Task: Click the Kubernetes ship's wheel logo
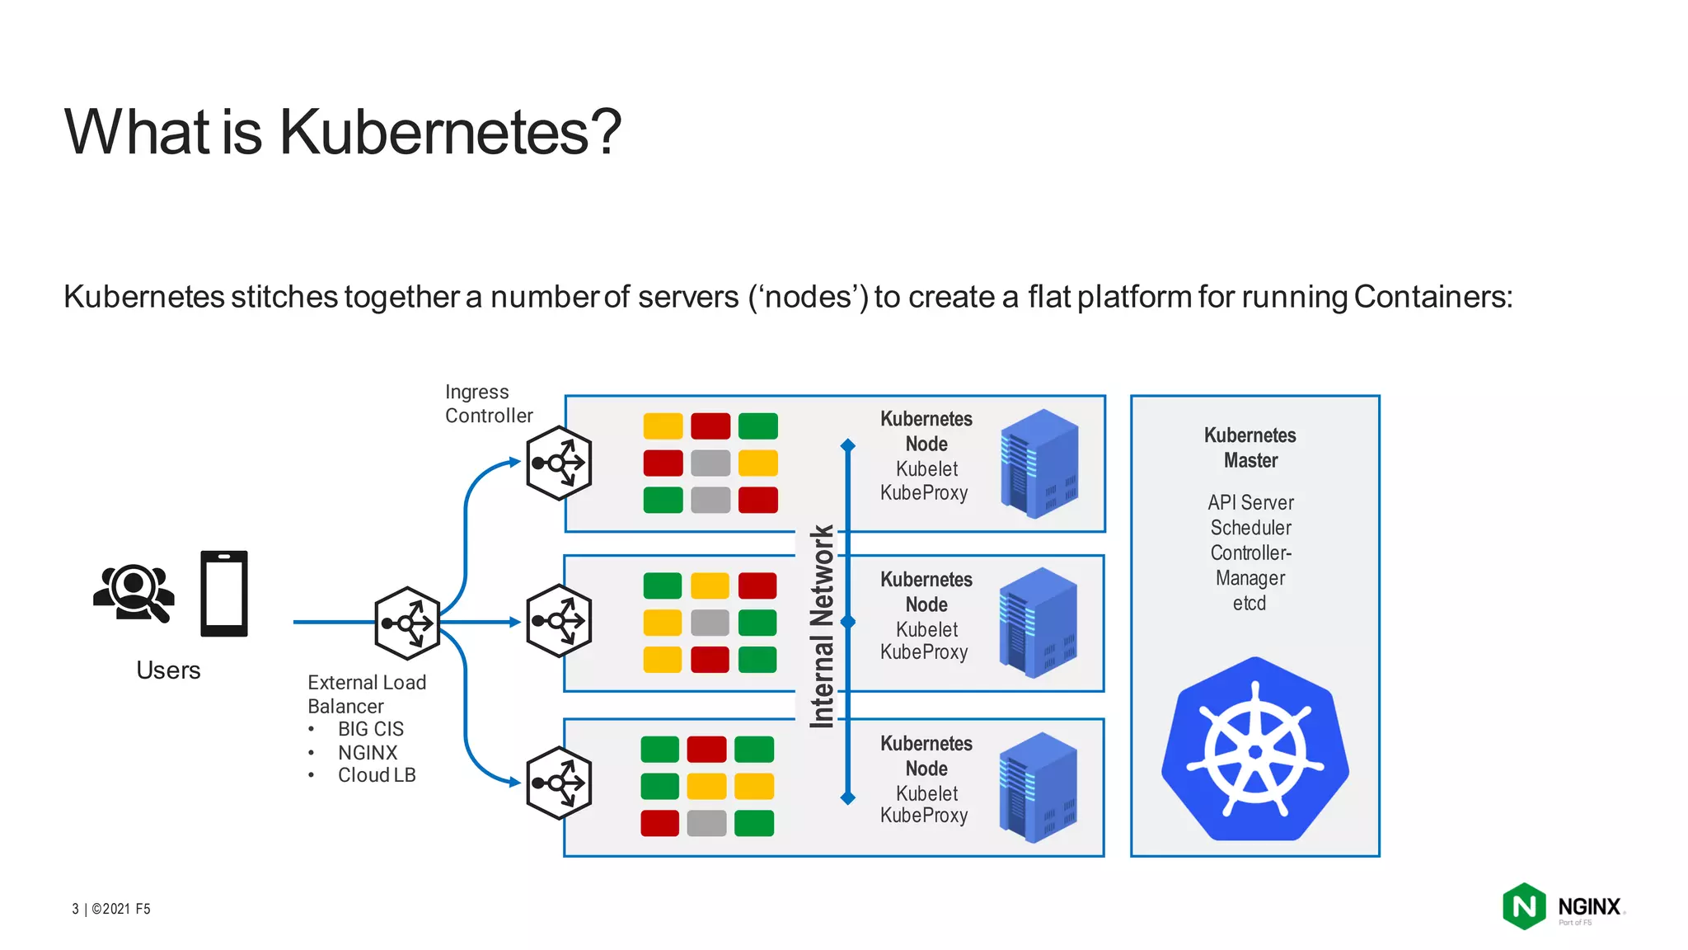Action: coord(1254,750)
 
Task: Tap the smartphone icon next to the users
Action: coord(224,594)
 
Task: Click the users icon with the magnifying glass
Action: coord(134,591)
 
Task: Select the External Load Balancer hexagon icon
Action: coord(407,623)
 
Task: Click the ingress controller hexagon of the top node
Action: coord(559,463)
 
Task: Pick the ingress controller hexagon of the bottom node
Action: coord(559,783)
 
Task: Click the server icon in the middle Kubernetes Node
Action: coord(1038,623)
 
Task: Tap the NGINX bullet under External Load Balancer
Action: coord(368,753)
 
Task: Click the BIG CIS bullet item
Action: coord(371,729)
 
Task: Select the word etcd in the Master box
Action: coord(1250,604)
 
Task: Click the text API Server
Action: coord(1250,502)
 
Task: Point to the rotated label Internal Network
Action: coord(822,627)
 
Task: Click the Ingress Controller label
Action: coord(488,403)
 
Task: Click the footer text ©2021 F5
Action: coord(120,909)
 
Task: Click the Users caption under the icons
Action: coord(168,670)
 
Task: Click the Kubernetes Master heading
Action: coord(1250,448)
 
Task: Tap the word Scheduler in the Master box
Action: coord(1250,528)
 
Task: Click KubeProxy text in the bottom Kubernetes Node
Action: coord(924,816)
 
